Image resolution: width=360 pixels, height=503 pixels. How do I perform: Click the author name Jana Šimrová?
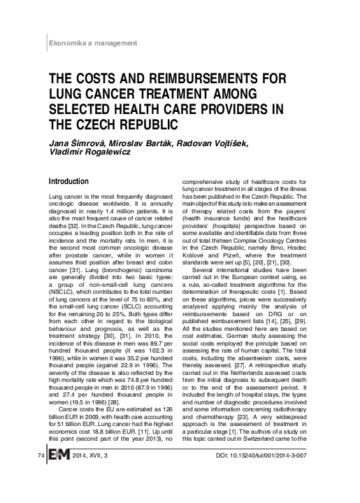76,143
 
